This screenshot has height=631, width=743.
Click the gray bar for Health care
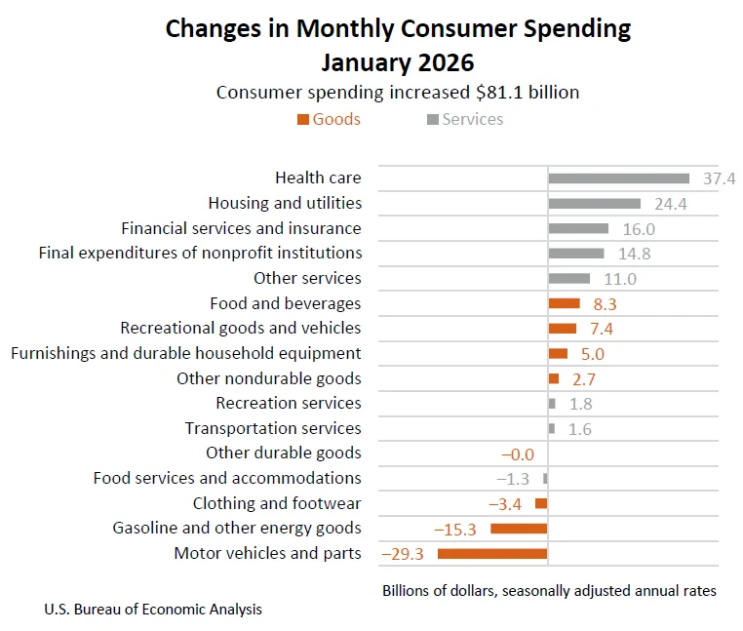click(618, 178)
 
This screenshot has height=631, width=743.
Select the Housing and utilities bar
click(594, 204)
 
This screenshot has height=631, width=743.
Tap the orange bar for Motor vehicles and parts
click(492, 554)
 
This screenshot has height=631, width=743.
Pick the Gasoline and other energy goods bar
click(519, 529)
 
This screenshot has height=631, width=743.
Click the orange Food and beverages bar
click(564, 303)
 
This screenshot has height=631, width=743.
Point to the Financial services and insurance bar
click(578, 228)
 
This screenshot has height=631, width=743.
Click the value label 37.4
click(718, 178)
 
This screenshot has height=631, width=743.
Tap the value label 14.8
click(634, 254)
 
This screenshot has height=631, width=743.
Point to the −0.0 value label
click(517, 454)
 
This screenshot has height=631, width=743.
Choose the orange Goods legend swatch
click(302, 120)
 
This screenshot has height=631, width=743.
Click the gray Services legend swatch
click(432, 120)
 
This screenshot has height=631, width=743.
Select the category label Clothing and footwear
click(277, 503)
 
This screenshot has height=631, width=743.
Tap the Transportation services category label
click(273, 428)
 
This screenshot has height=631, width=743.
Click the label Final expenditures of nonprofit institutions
click(200, 253)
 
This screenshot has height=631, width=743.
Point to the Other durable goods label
click(283, 453)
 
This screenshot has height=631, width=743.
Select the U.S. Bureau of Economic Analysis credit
click(153, 610)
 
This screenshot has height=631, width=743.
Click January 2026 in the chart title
click(398, 61)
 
